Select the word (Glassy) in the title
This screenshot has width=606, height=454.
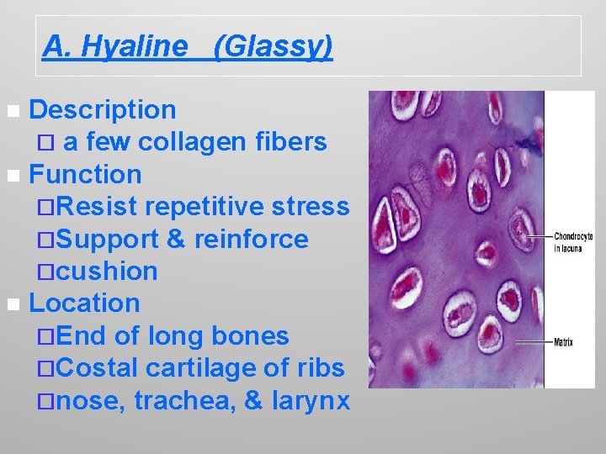click(274, 46)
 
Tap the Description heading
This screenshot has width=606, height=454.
click(103, 110)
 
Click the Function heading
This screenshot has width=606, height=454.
click(85, 175)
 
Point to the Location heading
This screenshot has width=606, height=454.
click(84, 303)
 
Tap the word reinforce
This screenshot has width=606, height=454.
click(251, 240)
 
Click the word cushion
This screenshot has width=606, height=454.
click(109, 272)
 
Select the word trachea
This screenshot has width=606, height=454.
click(183, 401)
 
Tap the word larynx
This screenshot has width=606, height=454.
click(311, 401)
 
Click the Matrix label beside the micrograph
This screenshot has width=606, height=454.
click(564, 342)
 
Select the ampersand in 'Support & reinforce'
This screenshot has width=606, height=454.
click(176, 240)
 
